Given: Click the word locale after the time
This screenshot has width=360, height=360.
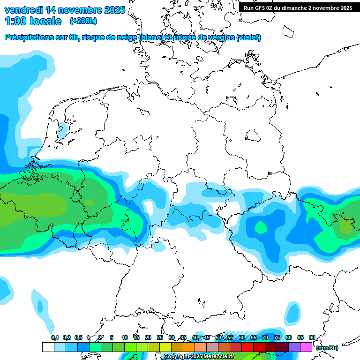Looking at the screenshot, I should pos(45,21).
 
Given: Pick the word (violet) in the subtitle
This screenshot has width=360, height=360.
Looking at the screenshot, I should pos(248,37).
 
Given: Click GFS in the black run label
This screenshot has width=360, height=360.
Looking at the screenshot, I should pos(261,8).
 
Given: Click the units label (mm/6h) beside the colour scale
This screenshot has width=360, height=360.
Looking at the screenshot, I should pos(327,348).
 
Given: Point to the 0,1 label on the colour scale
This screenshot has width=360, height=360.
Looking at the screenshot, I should pos(54,337).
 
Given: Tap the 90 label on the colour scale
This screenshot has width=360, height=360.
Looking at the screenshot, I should pos(312,337).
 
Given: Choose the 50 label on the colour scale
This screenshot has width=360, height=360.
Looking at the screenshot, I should pos(218,337).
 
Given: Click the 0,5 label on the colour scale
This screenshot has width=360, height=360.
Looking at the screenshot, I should pos(78,337).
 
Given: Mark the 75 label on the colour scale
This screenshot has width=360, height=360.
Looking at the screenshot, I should pos(277,337).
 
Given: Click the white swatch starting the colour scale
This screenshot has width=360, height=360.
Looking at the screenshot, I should pos(48,347).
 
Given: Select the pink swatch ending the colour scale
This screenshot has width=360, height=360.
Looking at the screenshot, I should pos(306,347).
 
